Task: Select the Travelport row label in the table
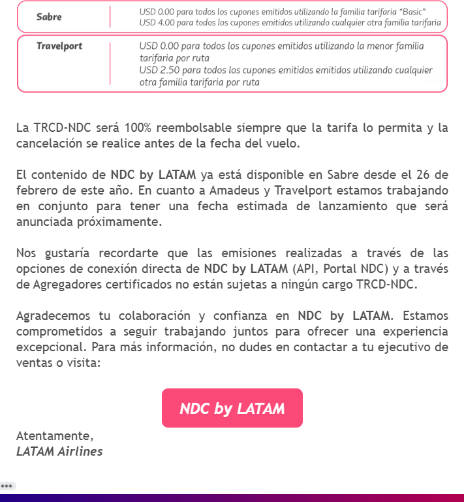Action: [x=59, y=46]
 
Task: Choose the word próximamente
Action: [x=128, y=221]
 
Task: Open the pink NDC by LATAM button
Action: [x=232, y=409]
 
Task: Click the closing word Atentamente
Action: [x=55, y=435]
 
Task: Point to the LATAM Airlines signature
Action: [x=59, y=451]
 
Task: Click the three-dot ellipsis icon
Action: [x=8, y=486]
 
